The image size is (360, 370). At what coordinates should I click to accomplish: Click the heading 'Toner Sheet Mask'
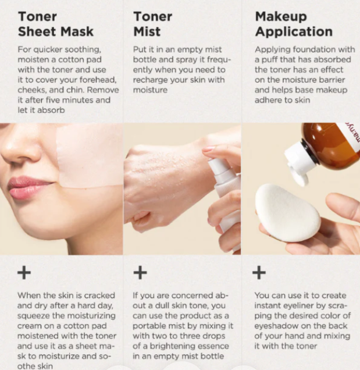coord(56,24)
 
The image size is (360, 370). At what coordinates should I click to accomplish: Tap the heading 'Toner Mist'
coord(152,24)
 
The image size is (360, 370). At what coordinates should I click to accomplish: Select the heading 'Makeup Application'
coord(294,24)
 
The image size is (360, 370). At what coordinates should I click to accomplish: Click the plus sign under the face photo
coord(24,273)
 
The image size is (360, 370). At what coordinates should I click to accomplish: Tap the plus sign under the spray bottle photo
coord(140,273)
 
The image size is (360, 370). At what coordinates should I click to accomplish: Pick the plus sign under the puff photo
coord(259,273)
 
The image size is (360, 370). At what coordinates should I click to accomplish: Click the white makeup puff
coord(288,212)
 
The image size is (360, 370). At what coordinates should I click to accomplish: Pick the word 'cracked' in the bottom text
coord(99,296)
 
